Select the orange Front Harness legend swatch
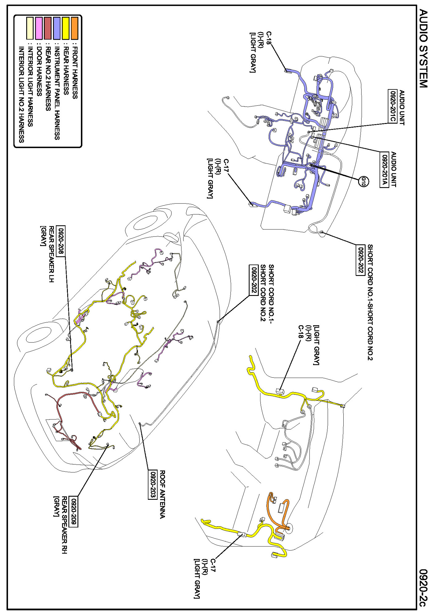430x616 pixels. click(x=74, y=28)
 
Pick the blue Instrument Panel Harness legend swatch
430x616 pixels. click(x=57, y=28)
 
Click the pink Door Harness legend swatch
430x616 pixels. click(x=39, y=28)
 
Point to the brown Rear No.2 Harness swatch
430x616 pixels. click(x=48, y=28)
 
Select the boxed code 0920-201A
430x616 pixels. click(x=384, y=169)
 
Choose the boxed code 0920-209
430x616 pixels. click(x=74, y=511)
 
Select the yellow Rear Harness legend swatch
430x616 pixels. click(x=65, y=28)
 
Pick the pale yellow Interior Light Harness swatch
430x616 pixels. click(x=30, y=28)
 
